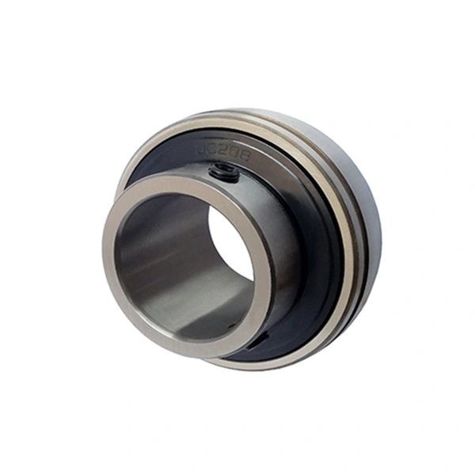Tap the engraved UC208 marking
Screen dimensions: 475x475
click(x=225, y=151)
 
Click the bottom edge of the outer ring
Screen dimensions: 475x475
click(x=261, y=366)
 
